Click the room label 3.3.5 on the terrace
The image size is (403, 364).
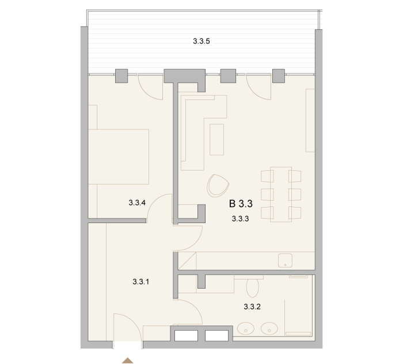coord(201,41)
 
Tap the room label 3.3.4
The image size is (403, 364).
coord(137,203)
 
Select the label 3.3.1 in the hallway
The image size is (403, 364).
coord(141,282)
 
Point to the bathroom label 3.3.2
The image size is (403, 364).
coord(252,306)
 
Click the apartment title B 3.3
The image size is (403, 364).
coord(241,204)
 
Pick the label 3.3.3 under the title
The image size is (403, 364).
coord(240,219)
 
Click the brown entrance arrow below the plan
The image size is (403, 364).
coord(127,361)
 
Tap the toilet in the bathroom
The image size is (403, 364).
coord(252,287)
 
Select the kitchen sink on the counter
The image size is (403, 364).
coord(285,260)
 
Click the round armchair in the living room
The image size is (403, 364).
coord(218,186)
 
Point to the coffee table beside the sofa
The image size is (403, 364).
coord(216,139)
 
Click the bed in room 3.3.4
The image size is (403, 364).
coord(119,156)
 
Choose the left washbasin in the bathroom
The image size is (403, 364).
coord(246,328)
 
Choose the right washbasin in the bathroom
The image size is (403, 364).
coord(269,328)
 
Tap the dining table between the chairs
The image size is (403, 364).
coord(281,194)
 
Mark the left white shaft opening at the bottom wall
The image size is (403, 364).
coord(186,335)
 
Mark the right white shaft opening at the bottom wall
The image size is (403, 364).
coord(216,335)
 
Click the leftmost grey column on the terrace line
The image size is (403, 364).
coord(121,76)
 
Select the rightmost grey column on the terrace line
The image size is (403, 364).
coord(279,76)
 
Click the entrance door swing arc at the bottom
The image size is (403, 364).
coord(135,322)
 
